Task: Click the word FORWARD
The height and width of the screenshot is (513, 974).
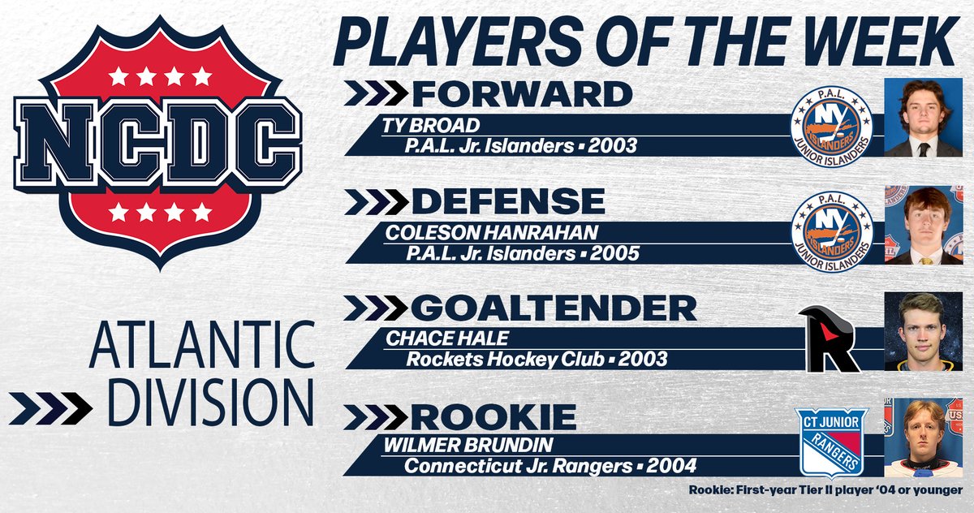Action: pyautogui.click(x=522, y=94)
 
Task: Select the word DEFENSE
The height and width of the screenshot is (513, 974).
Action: pyautogui.click(x=508, y=201)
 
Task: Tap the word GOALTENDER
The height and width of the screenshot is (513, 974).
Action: pyautogui.click(x=554, y=308)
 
